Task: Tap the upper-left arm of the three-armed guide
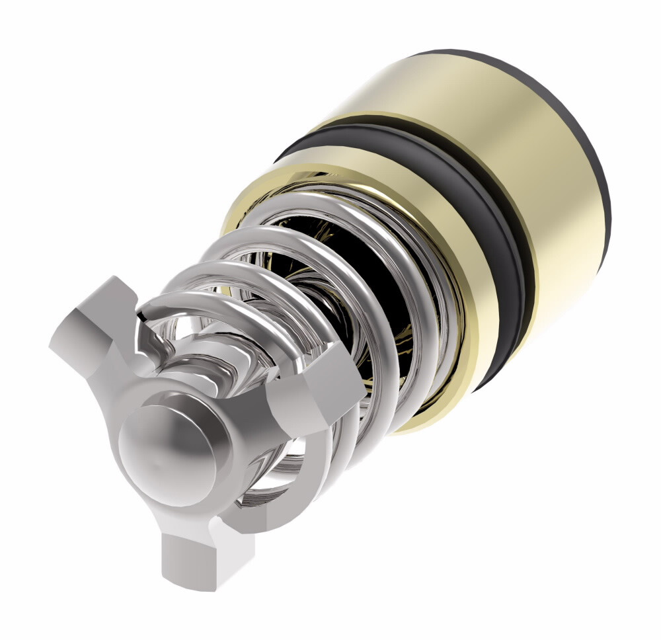(99, 331)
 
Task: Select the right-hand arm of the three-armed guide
(311, 397)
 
